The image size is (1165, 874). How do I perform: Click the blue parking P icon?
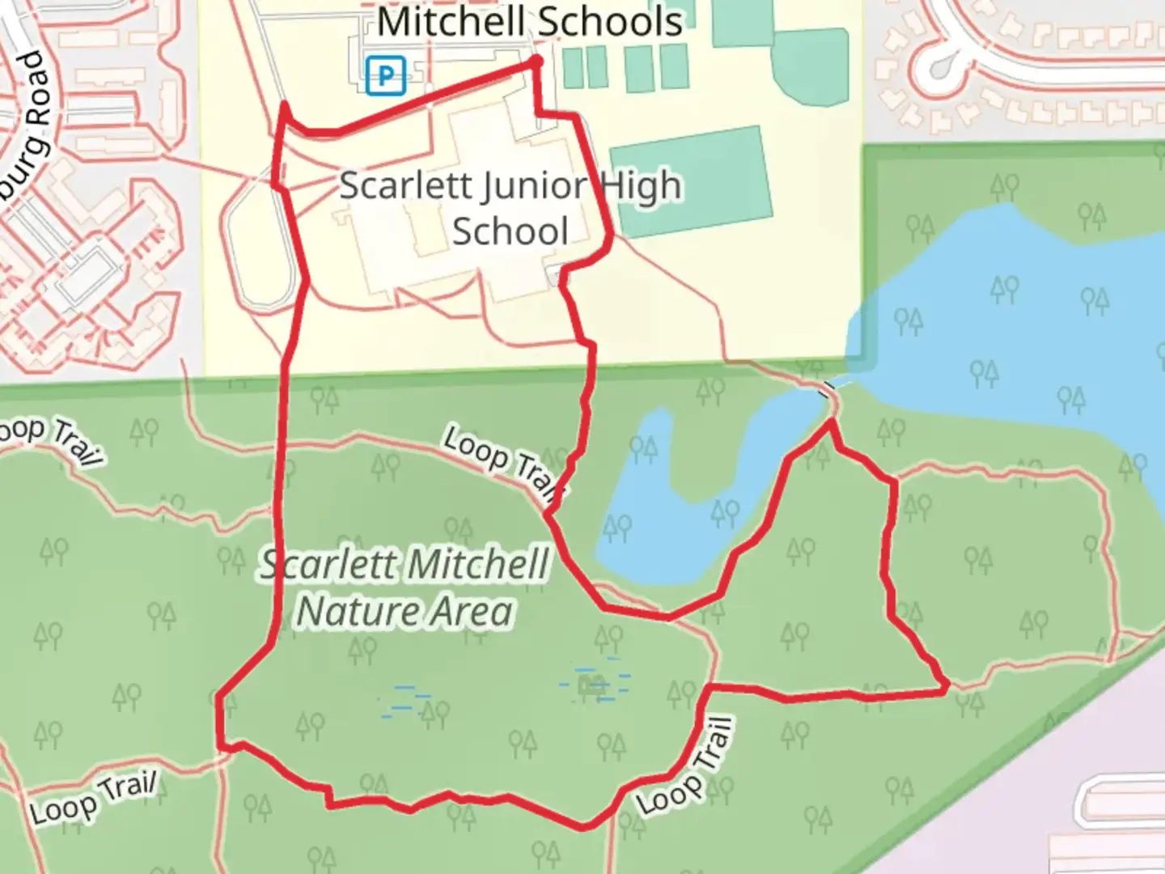[x=385, y=76]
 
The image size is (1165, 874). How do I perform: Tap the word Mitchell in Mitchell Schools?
[x=450, y=22]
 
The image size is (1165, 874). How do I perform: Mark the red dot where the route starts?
[x=536, y=61]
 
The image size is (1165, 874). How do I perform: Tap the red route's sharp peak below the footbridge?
[x=831, y=422]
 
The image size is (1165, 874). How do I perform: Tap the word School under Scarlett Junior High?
[x=510, y=231]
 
